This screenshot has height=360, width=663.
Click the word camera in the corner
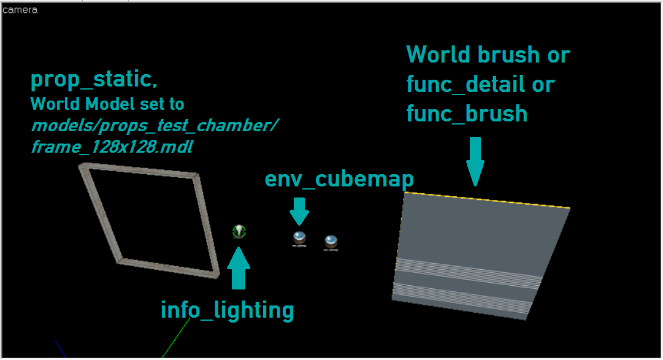tap(20, 10)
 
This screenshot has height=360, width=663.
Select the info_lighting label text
tap(227, 310)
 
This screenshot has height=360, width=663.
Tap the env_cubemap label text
tap(339, 179)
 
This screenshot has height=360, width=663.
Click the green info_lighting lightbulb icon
tap(239, 231)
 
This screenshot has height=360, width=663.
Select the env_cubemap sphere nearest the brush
tap(331, 242)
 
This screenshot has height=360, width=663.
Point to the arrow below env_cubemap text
tap(299, 210)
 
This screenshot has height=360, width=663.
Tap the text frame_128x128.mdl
tap(112, 147)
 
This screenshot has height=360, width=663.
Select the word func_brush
tap(467, 113)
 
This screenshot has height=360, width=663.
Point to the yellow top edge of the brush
tap(488, 200)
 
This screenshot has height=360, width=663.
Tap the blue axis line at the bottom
tap(60, 347)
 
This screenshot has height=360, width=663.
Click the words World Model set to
tap(107, 104)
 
